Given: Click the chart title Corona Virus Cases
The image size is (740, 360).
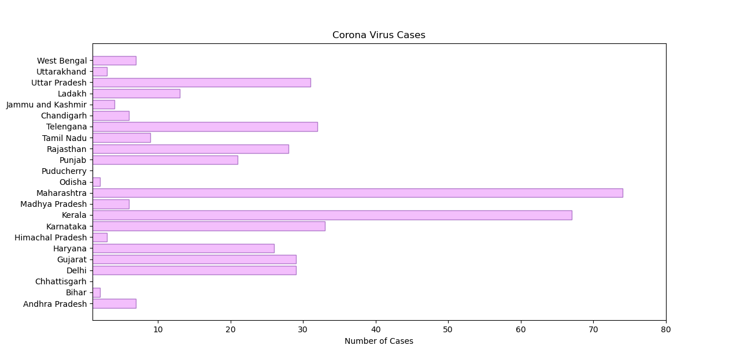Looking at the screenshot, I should tap(379, 35).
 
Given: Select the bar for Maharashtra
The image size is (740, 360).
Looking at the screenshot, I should tap(357, 193).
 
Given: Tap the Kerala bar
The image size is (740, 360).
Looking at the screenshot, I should tap(332, 215).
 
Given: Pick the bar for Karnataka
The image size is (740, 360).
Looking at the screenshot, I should tap(209, 226).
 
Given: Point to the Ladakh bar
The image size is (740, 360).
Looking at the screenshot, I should tap(136, 94).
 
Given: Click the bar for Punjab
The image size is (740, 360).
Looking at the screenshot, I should tap(165, 160).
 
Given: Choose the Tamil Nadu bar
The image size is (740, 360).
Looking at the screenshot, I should tap(121, 138).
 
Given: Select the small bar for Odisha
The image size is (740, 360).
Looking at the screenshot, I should tap(97, 182).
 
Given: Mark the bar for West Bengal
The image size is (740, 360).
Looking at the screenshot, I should tap(114, 61).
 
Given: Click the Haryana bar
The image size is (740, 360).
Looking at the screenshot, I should tap(183, 248).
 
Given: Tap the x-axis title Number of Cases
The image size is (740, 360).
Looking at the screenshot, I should tap(379, 342).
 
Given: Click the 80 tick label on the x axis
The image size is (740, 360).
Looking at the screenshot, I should tap(666, 329).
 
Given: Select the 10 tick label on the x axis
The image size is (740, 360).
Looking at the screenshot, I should tap(158, 329).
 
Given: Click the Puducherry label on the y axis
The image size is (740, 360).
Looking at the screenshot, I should tap(64, 171).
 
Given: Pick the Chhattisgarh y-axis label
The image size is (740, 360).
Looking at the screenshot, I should tap(61, 281).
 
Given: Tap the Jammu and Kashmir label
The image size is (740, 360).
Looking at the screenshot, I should tap(46, 105).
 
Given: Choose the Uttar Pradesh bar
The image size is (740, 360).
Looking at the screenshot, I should tap(202, 83).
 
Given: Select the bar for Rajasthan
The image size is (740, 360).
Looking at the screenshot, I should tap(191, 149).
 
